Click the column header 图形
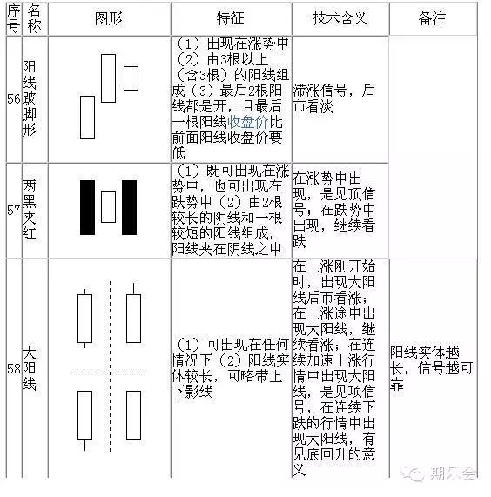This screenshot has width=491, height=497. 109,18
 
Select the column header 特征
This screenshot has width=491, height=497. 231,18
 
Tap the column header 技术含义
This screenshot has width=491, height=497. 340,18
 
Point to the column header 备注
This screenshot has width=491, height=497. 432,18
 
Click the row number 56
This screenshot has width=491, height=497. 14,99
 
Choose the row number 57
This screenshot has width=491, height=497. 14,210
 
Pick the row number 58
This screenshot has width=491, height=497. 14,369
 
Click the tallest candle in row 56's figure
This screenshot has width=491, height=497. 108,78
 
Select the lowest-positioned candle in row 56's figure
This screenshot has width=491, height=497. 87,118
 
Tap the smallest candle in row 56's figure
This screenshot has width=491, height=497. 131,78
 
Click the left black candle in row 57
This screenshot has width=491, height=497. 87,208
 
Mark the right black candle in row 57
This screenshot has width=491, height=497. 130,208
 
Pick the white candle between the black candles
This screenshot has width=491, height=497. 109,207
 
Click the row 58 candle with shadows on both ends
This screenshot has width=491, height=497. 85,319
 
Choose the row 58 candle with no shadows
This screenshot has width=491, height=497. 133,415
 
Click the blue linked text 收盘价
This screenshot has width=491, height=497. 247,122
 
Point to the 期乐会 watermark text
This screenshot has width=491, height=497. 453,473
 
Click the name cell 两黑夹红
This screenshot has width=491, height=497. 29,210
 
